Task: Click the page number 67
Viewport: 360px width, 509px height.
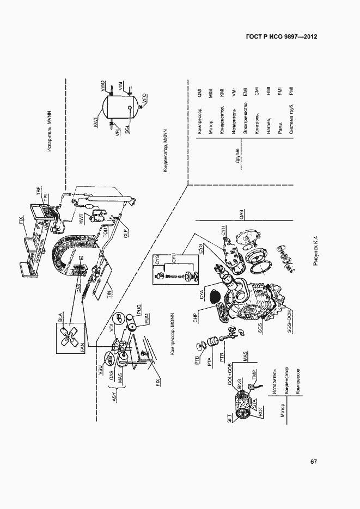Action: pos(314,462)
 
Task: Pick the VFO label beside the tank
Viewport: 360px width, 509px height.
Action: pos(144,99)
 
